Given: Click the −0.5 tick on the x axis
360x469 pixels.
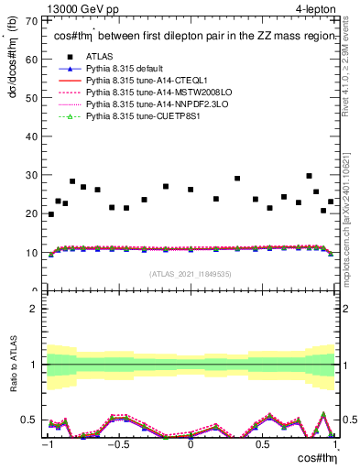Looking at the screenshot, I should (x=118, y=444).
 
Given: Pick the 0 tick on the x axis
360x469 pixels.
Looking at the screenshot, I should (x=190, y=444).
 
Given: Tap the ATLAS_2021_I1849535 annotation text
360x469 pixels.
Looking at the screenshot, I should (x=189, y=273).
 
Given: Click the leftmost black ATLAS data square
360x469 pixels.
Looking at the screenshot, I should (x=50, y=214).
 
